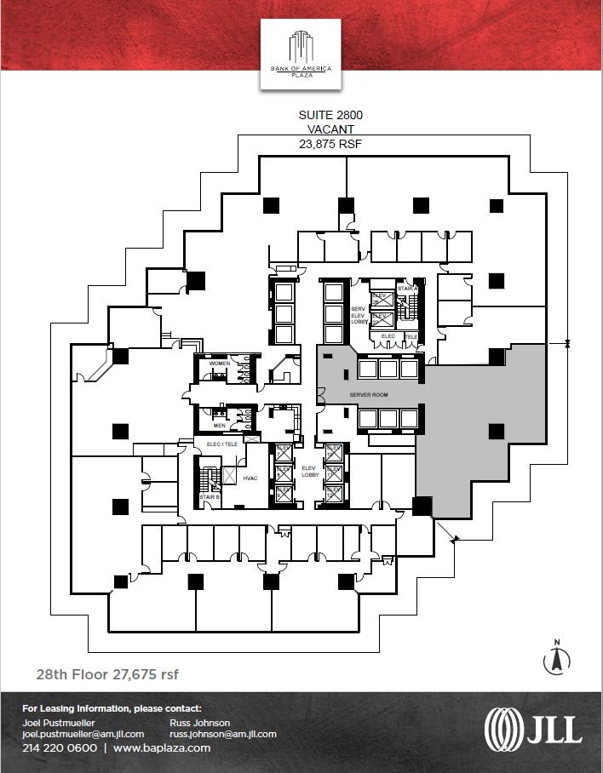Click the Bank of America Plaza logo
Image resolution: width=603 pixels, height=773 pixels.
(x=301, y=54)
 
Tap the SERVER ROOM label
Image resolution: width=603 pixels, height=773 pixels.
(x=369, y=396)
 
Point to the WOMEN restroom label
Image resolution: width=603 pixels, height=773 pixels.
(x=220, y=364)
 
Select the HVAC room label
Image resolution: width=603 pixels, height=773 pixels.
(x=250, y=478)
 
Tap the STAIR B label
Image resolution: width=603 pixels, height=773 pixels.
(x=210, y=495)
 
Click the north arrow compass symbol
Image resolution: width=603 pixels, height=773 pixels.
(x=557, y=656)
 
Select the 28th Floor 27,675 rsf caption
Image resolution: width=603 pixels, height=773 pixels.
(x=107, y=674)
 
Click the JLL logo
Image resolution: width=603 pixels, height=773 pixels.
(x=532, y=729)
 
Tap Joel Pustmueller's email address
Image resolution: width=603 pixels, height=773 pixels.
(x=83, y=734)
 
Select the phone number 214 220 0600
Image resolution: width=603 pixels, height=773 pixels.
(x=60, y=748)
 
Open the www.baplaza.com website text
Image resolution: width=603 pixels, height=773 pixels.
(x=162, y=748)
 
